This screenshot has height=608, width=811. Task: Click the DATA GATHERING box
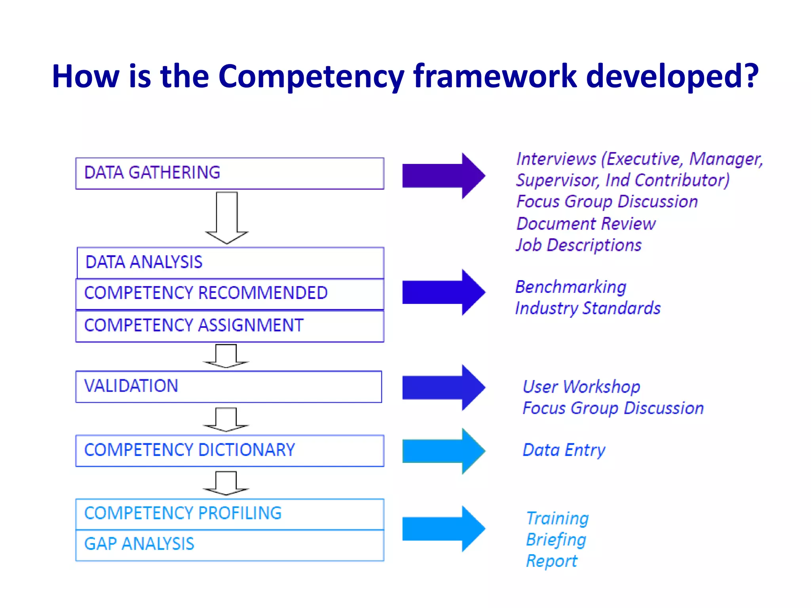230,173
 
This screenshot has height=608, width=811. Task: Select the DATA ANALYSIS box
230,263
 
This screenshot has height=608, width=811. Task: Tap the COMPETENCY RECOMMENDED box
230,294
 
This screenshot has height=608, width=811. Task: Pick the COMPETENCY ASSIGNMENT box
230,326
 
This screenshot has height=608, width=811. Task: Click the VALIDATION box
228,387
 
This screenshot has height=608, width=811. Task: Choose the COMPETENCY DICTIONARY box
230,451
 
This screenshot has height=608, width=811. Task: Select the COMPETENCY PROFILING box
230,514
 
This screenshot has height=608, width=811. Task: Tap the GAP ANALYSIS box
230,545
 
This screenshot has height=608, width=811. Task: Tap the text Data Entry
564,450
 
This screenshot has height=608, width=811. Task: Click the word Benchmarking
571,287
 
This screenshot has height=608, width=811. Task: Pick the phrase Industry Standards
588,308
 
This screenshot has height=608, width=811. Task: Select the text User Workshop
581,387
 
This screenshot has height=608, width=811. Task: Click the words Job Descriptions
579,245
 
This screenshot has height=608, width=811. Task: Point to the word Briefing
556,540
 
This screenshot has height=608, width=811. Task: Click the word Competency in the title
311,76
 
